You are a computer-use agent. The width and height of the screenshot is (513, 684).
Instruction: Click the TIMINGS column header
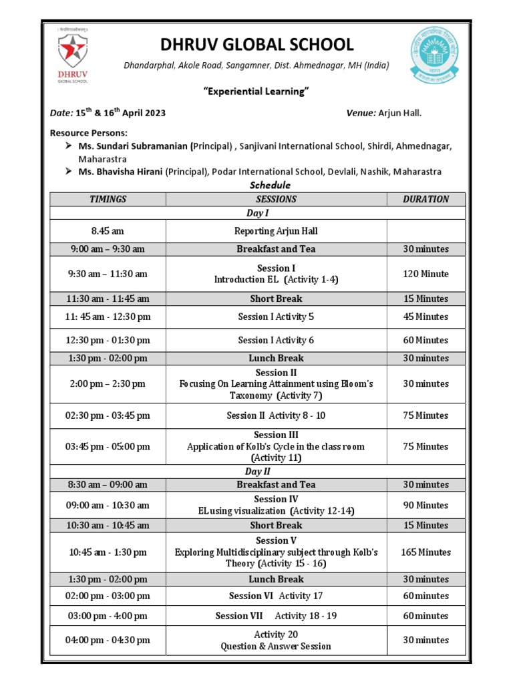click(x=108, y=199)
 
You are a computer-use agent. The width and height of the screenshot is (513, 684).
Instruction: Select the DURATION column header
click(x=425, y=199)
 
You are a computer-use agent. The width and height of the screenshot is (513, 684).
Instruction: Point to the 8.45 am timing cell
click(x=108, y=231)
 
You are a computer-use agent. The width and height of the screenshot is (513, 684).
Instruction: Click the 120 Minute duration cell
click(x=425, y=274)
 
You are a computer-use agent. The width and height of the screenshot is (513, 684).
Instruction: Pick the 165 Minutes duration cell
click(x=425, y=552)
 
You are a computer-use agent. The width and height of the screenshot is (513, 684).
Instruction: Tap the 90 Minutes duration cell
click(x=425, y=506)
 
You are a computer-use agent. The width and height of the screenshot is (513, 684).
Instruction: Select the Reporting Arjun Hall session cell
click(x=276, y=231)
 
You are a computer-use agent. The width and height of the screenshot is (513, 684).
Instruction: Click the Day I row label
click(x=257, y=213)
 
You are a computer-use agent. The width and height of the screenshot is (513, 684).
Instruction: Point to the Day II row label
click(x=257, y=472)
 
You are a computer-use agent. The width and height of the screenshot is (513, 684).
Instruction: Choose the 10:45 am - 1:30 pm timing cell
click(x=108, y=552)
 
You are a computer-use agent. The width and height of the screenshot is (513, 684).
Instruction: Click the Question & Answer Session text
click(x=276, y=646)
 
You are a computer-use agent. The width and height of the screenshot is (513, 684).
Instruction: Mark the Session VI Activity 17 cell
click(x=276, y=596)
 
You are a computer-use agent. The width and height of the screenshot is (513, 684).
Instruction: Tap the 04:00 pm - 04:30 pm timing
click(x=108, y=640)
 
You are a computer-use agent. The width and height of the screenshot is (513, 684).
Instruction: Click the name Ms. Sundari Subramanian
click(x=134, y=146)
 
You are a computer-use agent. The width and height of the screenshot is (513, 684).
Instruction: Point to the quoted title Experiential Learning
click(x=256, y=92)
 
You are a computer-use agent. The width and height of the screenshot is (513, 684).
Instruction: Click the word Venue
click(x=361, y=113)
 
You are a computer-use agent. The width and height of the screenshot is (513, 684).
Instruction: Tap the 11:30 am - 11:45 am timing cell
click(x=108, y=299)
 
